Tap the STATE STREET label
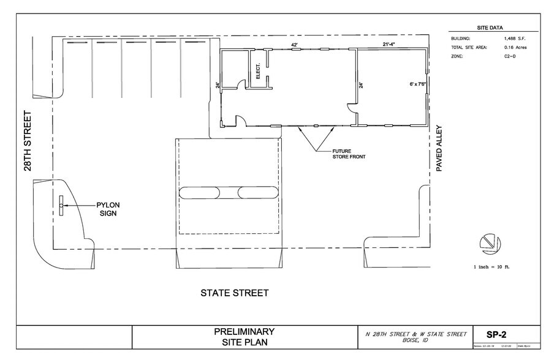(234, 293)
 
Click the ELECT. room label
(258, 72)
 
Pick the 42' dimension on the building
(294, 45)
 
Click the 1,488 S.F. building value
(518, 39)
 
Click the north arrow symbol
(488, 242)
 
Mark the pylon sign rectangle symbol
(61, 205)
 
